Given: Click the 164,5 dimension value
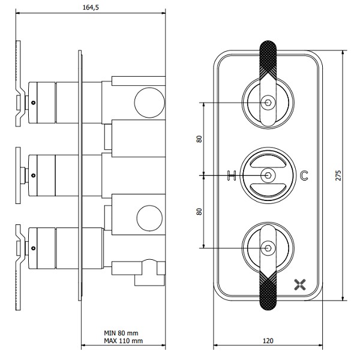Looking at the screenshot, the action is point(91,7).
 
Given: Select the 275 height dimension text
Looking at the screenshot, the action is point(338,175).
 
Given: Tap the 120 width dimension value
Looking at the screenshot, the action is point(268,341).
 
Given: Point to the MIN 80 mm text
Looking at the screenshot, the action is point(121,333).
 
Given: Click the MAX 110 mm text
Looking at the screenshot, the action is point(123,341).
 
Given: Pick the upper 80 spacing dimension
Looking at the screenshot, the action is point(199,139).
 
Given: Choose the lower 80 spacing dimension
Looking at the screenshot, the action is point(199,211).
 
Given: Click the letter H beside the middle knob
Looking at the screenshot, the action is point(232,175).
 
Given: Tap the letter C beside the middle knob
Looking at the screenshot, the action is point(304,175).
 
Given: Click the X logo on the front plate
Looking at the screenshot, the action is point(300,284).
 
